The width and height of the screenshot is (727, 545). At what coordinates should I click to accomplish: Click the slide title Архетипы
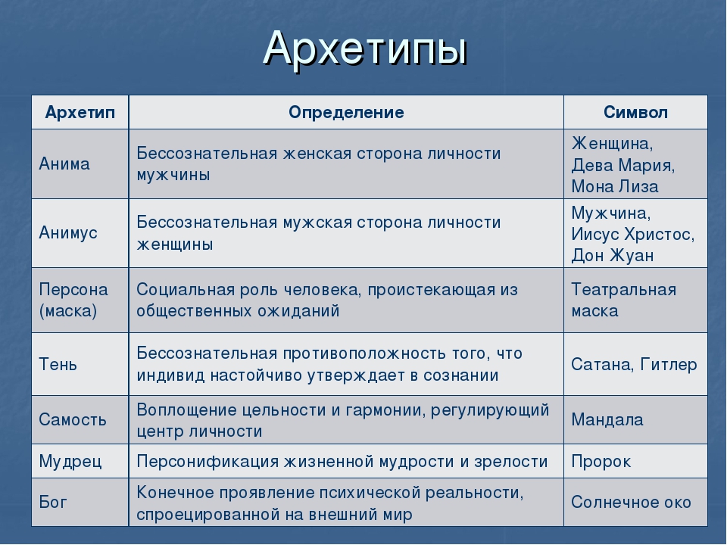point(365,48)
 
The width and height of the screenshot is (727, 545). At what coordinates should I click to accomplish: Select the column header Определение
point(346,113)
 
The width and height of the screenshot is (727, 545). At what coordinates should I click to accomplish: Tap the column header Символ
point(635,112)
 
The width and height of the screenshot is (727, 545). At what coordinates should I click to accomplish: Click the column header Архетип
point(80,113)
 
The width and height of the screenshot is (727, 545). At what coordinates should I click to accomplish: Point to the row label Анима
point(64,163)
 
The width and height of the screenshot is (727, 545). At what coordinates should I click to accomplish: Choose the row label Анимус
point(68,232)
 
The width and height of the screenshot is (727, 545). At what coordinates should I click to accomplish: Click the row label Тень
point(58,364)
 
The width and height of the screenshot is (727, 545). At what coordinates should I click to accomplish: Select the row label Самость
point(73,419)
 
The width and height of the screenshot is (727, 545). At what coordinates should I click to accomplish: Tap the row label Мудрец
point(70,462)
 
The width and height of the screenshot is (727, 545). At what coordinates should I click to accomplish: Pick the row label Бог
point(53,502)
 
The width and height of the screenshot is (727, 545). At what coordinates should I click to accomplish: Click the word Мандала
point(607,420)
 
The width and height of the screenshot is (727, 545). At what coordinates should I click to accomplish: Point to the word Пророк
point(601,462)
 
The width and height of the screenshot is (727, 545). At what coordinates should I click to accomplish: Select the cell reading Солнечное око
point(631,502)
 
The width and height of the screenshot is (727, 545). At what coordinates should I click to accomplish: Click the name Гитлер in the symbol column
point(669,365)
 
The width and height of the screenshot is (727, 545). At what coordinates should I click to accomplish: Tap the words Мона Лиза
point(615,186)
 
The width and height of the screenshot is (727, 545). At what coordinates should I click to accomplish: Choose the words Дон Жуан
point(613,255)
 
